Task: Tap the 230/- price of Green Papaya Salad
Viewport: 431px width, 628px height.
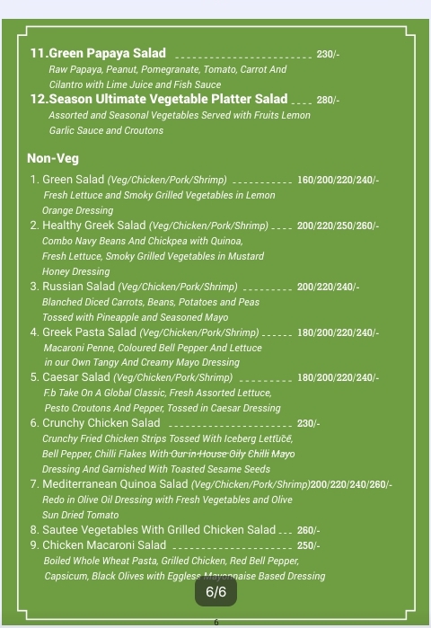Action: pos(328,55)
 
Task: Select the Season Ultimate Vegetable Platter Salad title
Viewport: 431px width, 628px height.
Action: pos(159,99)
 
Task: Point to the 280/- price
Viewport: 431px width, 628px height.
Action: pos(328,100)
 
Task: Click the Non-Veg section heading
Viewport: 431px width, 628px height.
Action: pos(53,159)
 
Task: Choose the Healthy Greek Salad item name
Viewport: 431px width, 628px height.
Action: pos(88,226)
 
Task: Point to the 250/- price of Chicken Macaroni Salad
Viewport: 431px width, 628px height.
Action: pos(309,546)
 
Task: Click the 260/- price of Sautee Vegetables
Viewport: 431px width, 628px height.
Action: pos(309,531)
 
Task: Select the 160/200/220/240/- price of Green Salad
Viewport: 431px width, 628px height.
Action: pos(338,181)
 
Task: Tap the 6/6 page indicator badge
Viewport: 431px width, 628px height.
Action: pos(216,592)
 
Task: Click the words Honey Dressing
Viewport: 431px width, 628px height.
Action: pos(76,271)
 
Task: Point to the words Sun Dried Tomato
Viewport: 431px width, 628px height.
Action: pos(81,515)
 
